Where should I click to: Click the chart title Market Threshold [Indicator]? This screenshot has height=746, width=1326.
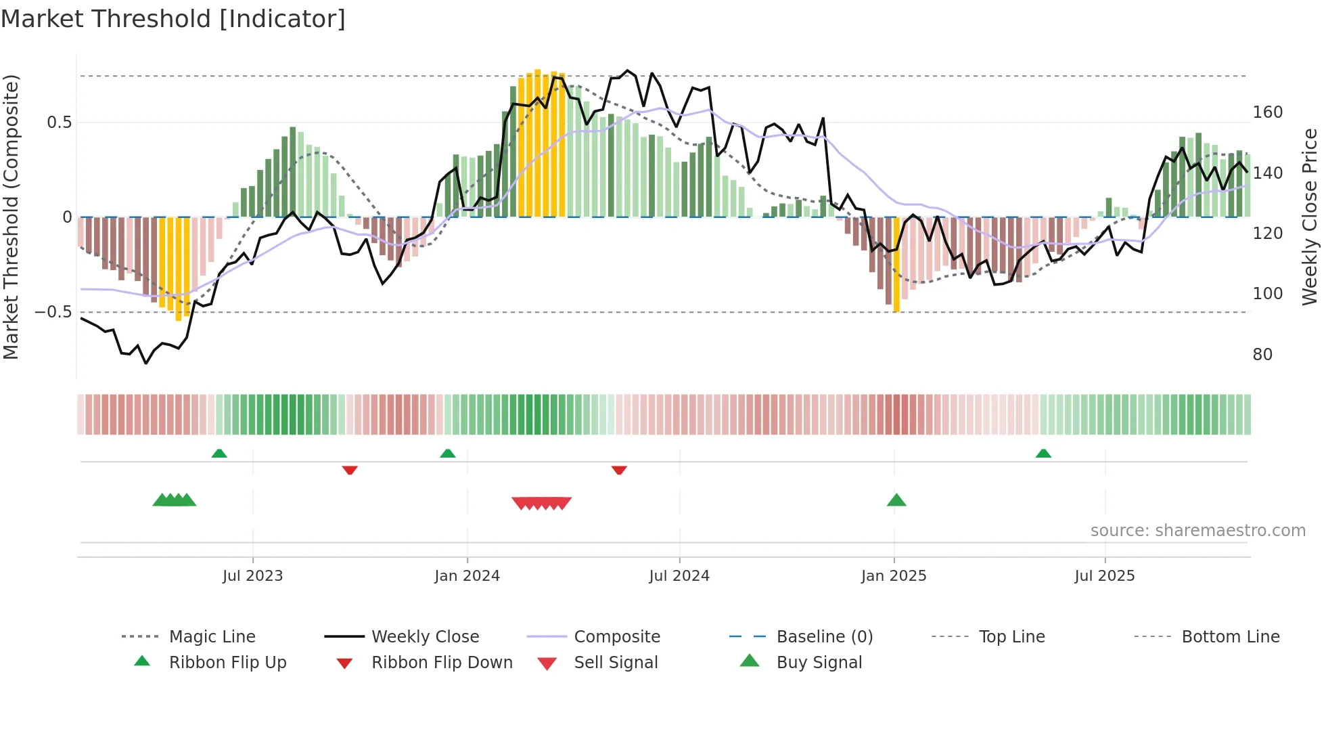173,19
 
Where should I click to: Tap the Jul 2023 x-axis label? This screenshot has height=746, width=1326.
252,576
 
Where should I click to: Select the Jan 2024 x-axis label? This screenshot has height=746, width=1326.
467,576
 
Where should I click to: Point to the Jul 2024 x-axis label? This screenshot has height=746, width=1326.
679,576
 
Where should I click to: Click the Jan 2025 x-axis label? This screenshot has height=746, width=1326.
894,576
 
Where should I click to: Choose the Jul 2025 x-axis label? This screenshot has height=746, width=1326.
1105,576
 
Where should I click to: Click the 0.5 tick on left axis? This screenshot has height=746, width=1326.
59,123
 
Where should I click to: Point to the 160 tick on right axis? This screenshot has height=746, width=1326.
1267,112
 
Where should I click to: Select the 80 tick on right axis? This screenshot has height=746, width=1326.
1262,355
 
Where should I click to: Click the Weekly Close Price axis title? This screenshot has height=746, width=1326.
1310,217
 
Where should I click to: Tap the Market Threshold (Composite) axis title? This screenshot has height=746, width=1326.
11,217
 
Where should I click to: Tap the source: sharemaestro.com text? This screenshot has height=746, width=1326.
1197,531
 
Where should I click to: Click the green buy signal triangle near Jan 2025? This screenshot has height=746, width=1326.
896,500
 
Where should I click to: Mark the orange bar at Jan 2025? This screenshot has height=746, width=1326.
896,264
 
